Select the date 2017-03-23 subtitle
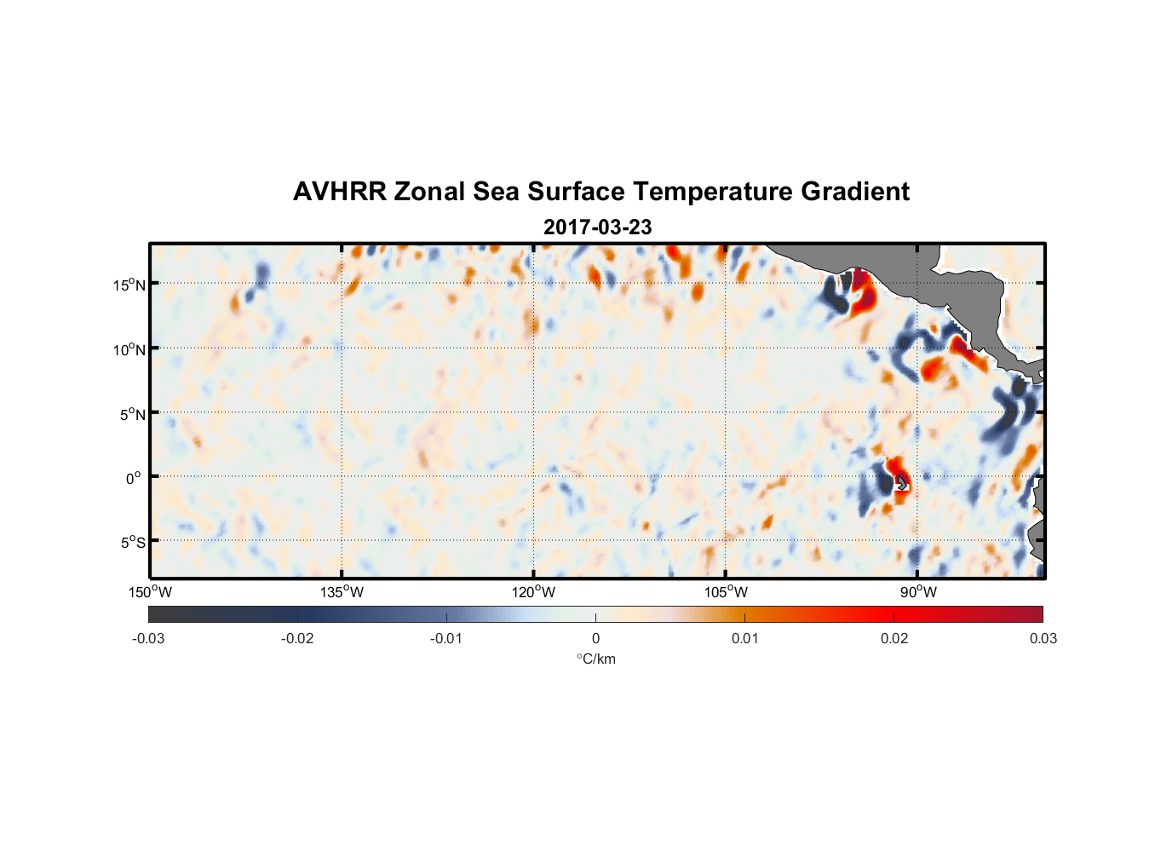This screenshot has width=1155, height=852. pyautogui.click(x=597, y=227)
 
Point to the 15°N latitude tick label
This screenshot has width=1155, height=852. pyautogui.click(x=129, y=285)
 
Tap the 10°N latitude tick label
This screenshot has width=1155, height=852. pyautogui.click(x=129, y=349)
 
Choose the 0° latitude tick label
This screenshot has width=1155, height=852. pyautogui.click(x=135, y=478)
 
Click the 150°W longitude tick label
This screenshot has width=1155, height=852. pyautogui.click(x=150, y=592)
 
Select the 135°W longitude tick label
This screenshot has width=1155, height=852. pyautogui.click(x=342, y=592)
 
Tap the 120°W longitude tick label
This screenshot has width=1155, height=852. pyautogui.click(x=533, y=592)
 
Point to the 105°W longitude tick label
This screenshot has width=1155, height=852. pyautogui.click(x=726, y=592)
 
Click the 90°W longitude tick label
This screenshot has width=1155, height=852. pyautogui.click(x=918, y=592)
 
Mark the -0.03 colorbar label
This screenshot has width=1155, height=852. pyautogui.click(x=148, y=638)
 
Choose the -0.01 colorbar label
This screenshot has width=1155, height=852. pyautogui.click(x=446, y=638)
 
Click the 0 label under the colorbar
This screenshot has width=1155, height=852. pyautogui.click(x=595, y=638)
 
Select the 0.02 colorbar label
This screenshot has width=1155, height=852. pyautogui.click(x=894, y=638)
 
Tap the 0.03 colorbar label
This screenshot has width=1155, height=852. pyautogui.click(x=1043, y=638)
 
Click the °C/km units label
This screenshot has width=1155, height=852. pyautogui.click(x=595, y=659)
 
